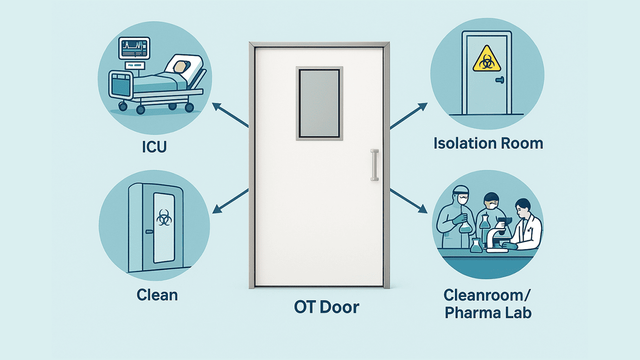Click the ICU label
[x=154, y=147]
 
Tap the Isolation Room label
[x=488, y=143]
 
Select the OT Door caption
[x=326, y=307]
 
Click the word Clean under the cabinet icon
[x=157, y=295]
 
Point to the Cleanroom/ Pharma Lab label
[x=488, y=303]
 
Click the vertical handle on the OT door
[x=374, y=165]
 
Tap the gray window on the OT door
[x=319, y=103]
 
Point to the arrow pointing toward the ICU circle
[x=230, y=115]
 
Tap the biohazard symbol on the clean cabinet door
[x=163, y=217]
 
